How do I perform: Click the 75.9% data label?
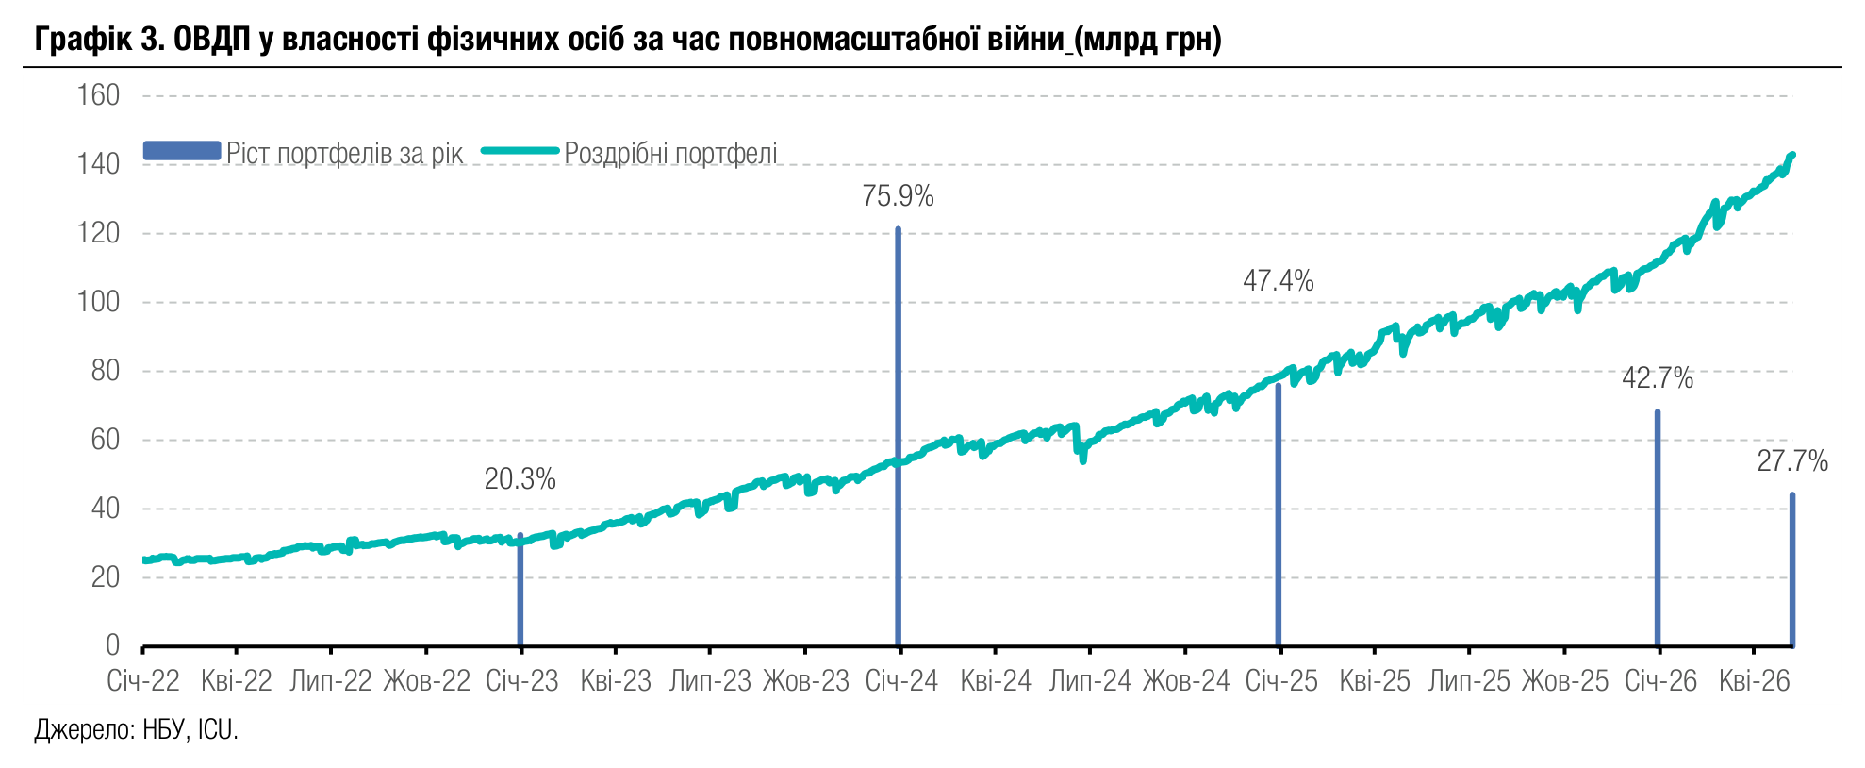[x=898, y=196]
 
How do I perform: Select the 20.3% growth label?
[x=520, y=479]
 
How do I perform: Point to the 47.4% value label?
[x=1278, y=280]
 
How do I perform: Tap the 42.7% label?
[x=1658, y=378]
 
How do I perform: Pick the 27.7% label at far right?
[x=1792, y=461]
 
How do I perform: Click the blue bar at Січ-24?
[x=898, y=437]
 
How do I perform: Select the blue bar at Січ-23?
[x=520, y=590]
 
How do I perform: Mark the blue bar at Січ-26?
[x=1658, y=528]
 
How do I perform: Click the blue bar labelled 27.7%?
[x=1792, y=570]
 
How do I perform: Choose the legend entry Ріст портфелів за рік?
[x=304, y=153]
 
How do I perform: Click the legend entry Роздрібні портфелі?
[x=630, y=153]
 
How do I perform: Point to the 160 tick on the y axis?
[x=98, y=95]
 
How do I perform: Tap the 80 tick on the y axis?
[x=105, y=371]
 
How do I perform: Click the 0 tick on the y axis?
[x=112, y=645]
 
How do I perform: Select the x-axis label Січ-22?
[x=142, y=681]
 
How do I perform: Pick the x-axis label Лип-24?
[x=1090, y=681]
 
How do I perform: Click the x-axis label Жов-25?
[x=1565, y=681]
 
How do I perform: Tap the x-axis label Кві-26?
[x=1754, y=681]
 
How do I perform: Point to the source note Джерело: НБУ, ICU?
[x=137, y=729]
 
